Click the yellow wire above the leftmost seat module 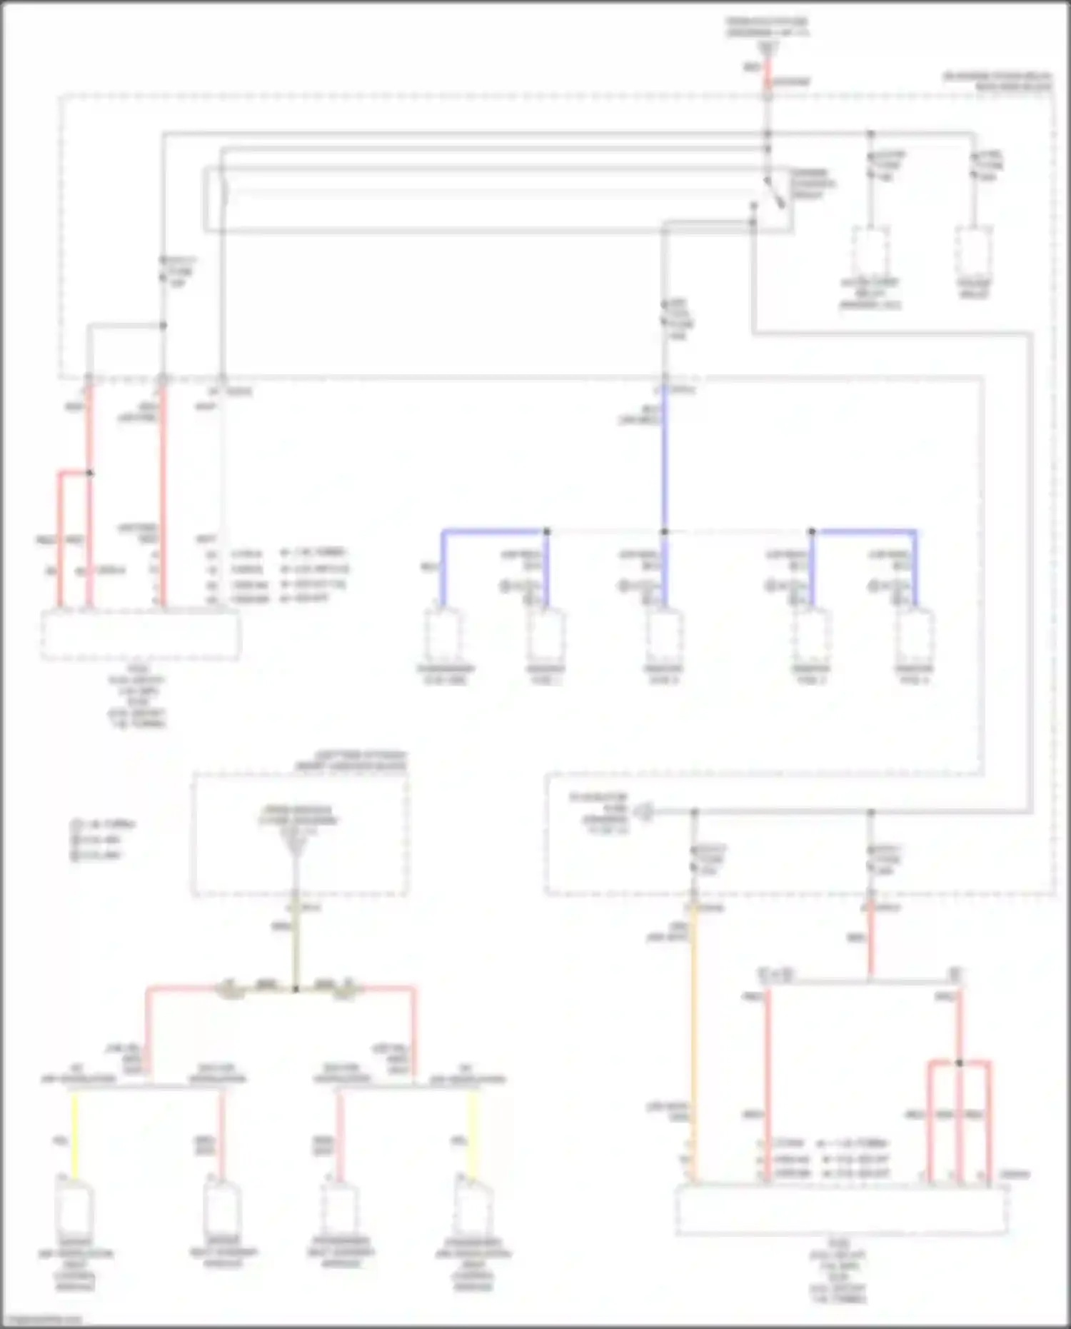click(74, 1135)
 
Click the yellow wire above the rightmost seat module click(471, 1135)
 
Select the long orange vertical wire click(693, 1043)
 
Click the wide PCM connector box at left click(141, 635)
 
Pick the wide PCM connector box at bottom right click(843, 1210)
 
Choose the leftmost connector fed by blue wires click(443, 636)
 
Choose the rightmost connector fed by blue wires click(915, 636)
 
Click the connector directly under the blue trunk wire click(664, 636)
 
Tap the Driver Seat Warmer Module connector click(222, 1207)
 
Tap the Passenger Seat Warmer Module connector click(341, 1207)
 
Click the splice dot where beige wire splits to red click(295, 989)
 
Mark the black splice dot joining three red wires click(960, 1063)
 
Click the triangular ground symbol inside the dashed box click(295, 847)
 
